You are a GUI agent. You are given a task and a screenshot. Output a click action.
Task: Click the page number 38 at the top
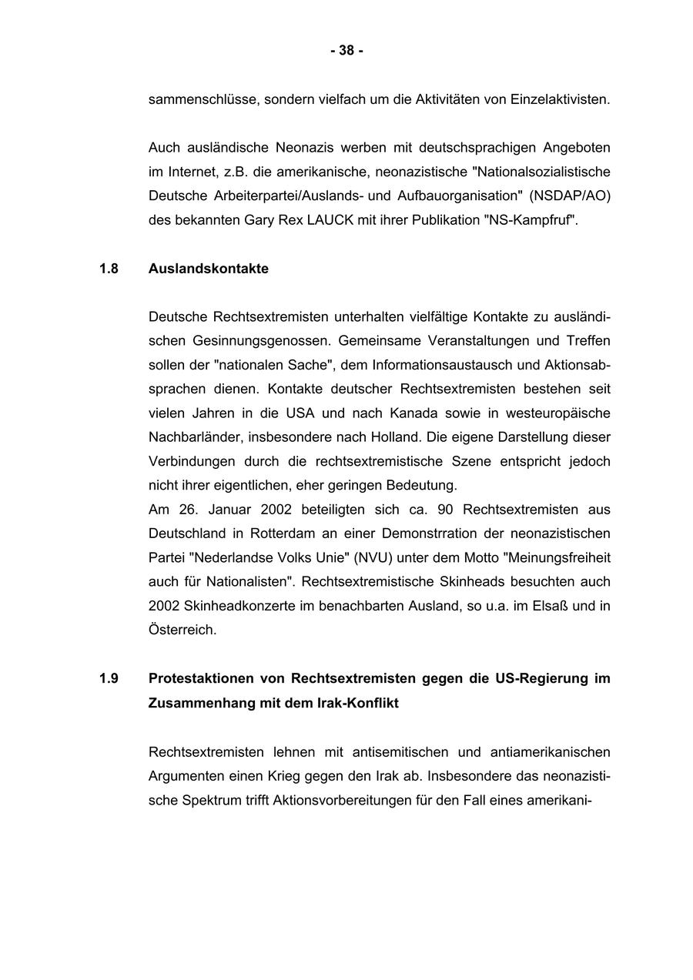point(346,51)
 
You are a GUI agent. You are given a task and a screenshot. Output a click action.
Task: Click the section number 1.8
point(109,269)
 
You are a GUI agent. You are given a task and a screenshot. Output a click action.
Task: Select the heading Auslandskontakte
point(209,269)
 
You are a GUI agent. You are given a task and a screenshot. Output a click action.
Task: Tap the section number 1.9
point(109,679)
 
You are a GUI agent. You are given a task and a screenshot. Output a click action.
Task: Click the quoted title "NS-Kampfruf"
point(531,220)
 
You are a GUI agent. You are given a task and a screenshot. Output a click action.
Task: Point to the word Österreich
point(182,630)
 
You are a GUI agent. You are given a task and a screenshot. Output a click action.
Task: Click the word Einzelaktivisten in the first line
point(561,99)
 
